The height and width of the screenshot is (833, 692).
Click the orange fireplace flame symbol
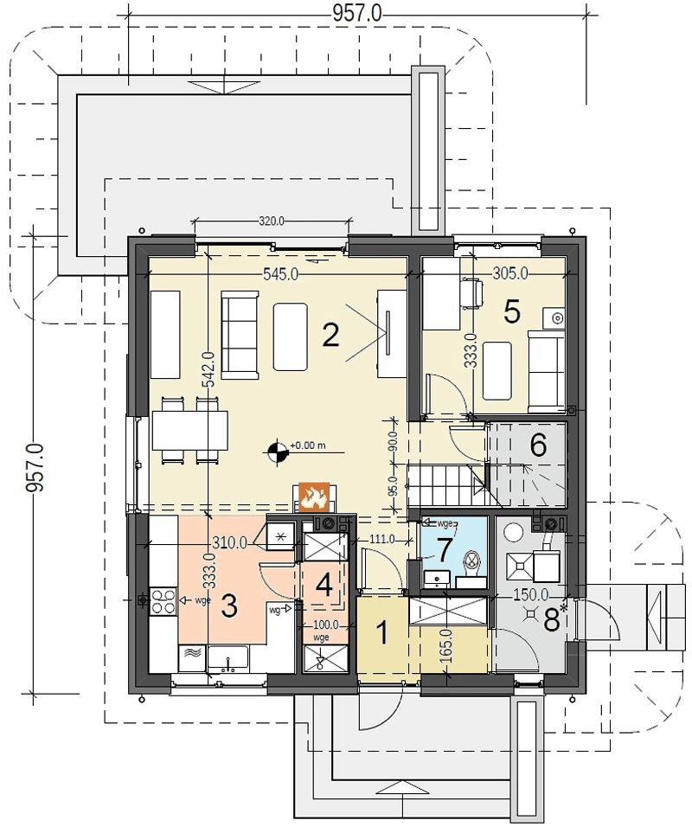314,497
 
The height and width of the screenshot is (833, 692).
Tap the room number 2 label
330,336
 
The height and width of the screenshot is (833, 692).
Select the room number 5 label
511,312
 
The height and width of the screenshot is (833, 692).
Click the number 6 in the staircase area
538,445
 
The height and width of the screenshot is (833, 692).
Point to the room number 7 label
445,550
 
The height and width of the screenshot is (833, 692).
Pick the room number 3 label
229,606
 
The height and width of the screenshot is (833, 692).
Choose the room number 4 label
324,586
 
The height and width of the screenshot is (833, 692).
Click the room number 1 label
381,633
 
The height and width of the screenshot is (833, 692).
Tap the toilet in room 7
471,568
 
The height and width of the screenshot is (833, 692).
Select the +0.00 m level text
307,445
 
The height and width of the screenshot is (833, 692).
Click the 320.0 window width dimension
272,221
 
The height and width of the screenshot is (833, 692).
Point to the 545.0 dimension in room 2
280,274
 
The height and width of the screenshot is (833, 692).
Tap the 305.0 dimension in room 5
509,273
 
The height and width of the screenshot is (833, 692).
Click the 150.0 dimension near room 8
530,594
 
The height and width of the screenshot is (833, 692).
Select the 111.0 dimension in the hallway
381,539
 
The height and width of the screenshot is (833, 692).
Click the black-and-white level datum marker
276,452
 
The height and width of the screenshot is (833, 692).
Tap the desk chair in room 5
472,293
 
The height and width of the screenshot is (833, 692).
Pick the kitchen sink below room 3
227,659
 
